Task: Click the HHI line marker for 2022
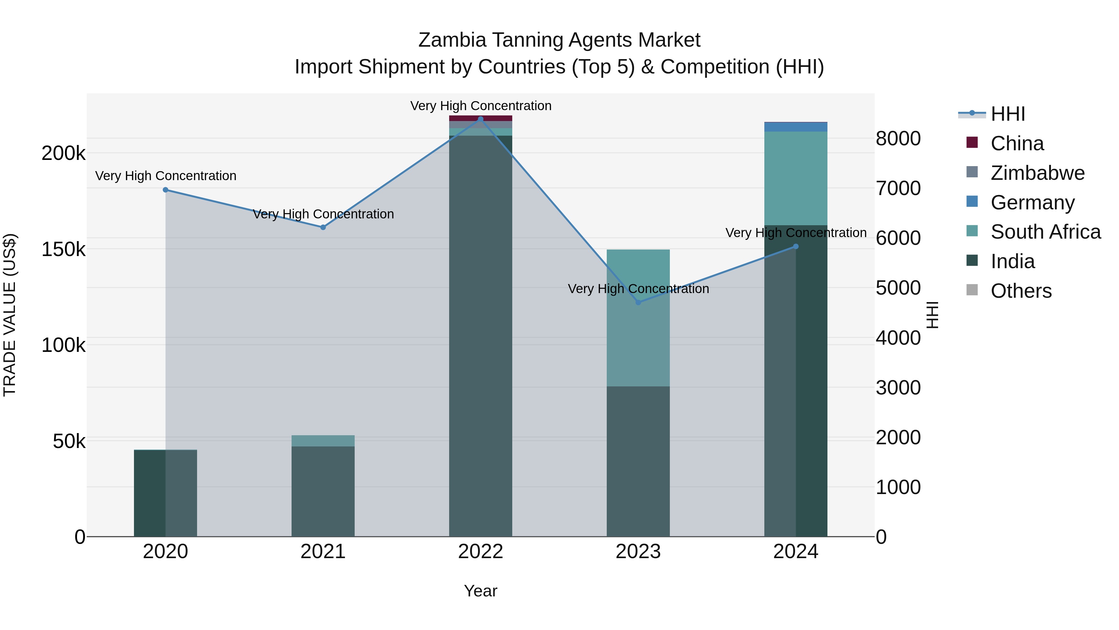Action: click(x=481, y=119)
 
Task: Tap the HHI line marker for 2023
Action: click(x=638, y=302)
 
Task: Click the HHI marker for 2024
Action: click(x=796, y=246)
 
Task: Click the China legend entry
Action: click(x=1016, y=143)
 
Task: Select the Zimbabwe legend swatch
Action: click(x=972, y=172)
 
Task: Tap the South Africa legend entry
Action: click(x=1045, y=232)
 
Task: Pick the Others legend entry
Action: click(x=1021, y=291)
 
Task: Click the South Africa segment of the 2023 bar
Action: click(x=638, y=317)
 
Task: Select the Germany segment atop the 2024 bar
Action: click(x=796, y=127)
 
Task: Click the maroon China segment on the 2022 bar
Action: click(x=481, y=118)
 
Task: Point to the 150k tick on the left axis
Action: click(x=63, y=250)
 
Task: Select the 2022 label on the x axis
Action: click(x=481, y=552)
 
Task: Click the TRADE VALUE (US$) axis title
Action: click(x=10, y=315)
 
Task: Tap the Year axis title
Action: click(x=481, y=591)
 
